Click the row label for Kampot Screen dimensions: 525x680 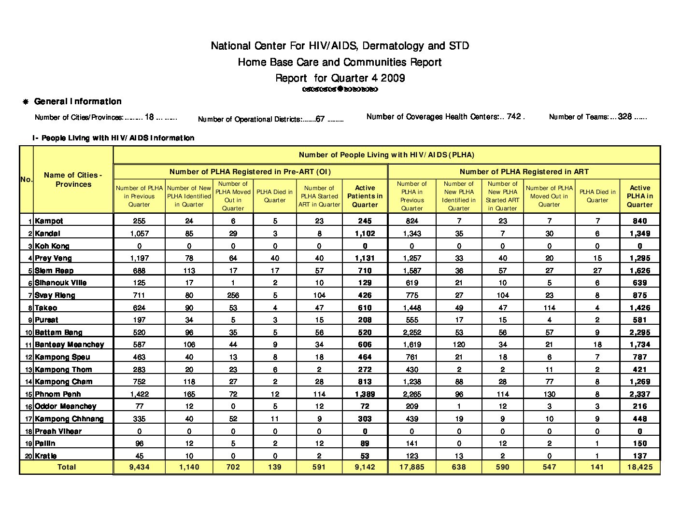(49, 221)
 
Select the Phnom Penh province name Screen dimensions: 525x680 (57, 394)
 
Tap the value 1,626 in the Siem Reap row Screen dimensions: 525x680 (639, 271)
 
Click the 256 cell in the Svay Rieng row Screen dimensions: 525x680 (233, 295)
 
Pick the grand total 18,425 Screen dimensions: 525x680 (639, 467)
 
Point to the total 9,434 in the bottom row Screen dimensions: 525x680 (139, 467)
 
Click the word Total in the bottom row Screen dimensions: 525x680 (67, 467)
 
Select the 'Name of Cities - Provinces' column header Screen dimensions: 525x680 (73, 180)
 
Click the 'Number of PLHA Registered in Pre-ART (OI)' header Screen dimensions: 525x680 (250, 172)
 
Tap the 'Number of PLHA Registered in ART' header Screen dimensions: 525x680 (524, 172)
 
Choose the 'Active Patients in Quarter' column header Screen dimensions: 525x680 (365, 196)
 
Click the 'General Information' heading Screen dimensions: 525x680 (78, 101)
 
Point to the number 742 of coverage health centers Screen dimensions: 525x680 (514, 116)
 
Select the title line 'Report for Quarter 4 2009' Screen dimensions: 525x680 (340, 78)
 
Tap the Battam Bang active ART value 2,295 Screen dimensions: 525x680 (639, 332)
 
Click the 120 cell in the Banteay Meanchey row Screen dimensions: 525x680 (459, 345)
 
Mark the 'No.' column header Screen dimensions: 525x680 (26, 180)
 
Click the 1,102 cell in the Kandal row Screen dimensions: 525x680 (365, 234)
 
